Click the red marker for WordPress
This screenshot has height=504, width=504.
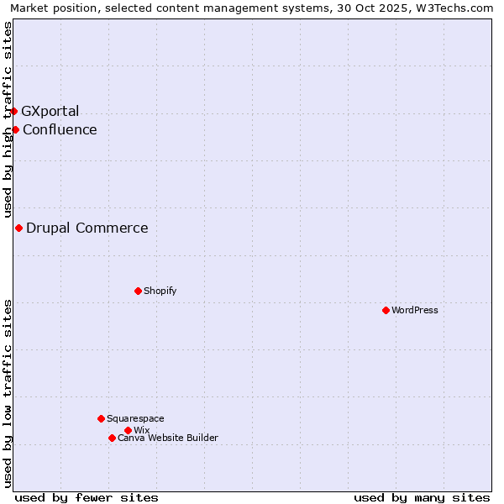(x=386, y=310)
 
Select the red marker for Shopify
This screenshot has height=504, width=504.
(x=138, y=291)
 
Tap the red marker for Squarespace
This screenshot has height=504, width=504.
(x=101, y=418)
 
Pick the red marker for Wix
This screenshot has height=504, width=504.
(x=128, y=430)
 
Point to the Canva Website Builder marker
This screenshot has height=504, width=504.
(x=112, y=438)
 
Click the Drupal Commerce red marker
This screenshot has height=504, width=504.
(x=18, y=228)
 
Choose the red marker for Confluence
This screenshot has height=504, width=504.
(x=15, y=129)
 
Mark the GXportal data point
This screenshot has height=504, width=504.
(x=13, y=111)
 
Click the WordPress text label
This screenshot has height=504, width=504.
(x=415, y=310)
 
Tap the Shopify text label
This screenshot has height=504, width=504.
(x=160, y=291)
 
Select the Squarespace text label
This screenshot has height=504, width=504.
(x=135, y=418)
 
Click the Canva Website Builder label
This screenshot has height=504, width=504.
(x=168, y=438)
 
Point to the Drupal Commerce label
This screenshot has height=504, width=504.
(x=87, y=228)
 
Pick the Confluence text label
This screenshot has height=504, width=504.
(x=60, y=129)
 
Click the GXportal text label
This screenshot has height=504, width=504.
(x=50, y=111)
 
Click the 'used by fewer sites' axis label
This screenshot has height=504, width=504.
(x=87, y=497)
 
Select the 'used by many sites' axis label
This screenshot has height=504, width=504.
(x=422, y=497)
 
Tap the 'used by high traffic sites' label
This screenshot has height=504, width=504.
(x=8, y=120)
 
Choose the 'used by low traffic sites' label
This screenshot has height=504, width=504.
(x=8, y=393)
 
